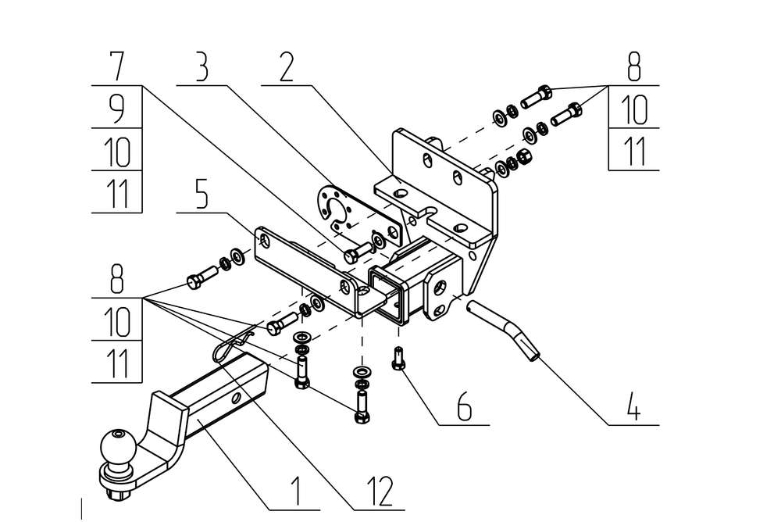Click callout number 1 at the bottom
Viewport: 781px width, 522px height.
(x=297, y=491)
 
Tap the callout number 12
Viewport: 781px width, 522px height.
(x=380, y=491)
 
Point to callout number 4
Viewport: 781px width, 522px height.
(x=633, y=406)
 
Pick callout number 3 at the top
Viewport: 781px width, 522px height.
(x=201, y=66)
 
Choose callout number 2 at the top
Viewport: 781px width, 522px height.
(x=286, y=66)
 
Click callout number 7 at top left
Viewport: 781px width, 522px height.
(x=116, y=66)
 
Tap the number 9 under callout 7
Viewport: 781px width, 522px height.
(x=116, y=109)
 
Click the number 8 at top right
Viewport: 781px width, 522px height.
(x=633, y=66)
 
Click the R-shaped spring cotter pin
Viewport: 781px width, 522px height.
(x=233, y=343)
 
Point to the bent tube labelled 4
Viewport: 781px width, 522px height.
(x=504, y=328)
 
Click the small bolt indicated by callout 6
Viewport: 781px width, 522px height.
(x=398, y=358)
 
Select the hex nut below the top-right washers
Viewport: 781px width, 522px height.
(x=525, y=158)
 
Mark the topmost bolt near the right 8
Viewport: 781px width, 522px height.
(x=537, y=97)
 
